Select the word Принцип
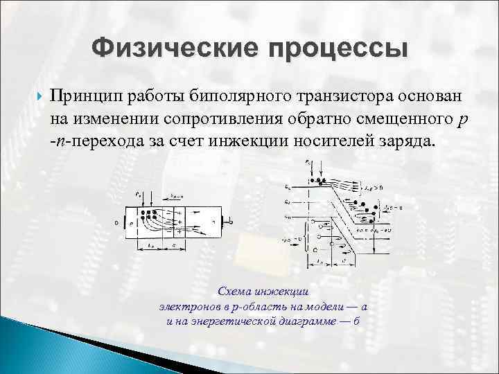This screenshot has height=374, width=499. (82, 96)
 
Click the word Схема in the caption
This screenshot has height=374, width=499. (235, 292)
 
